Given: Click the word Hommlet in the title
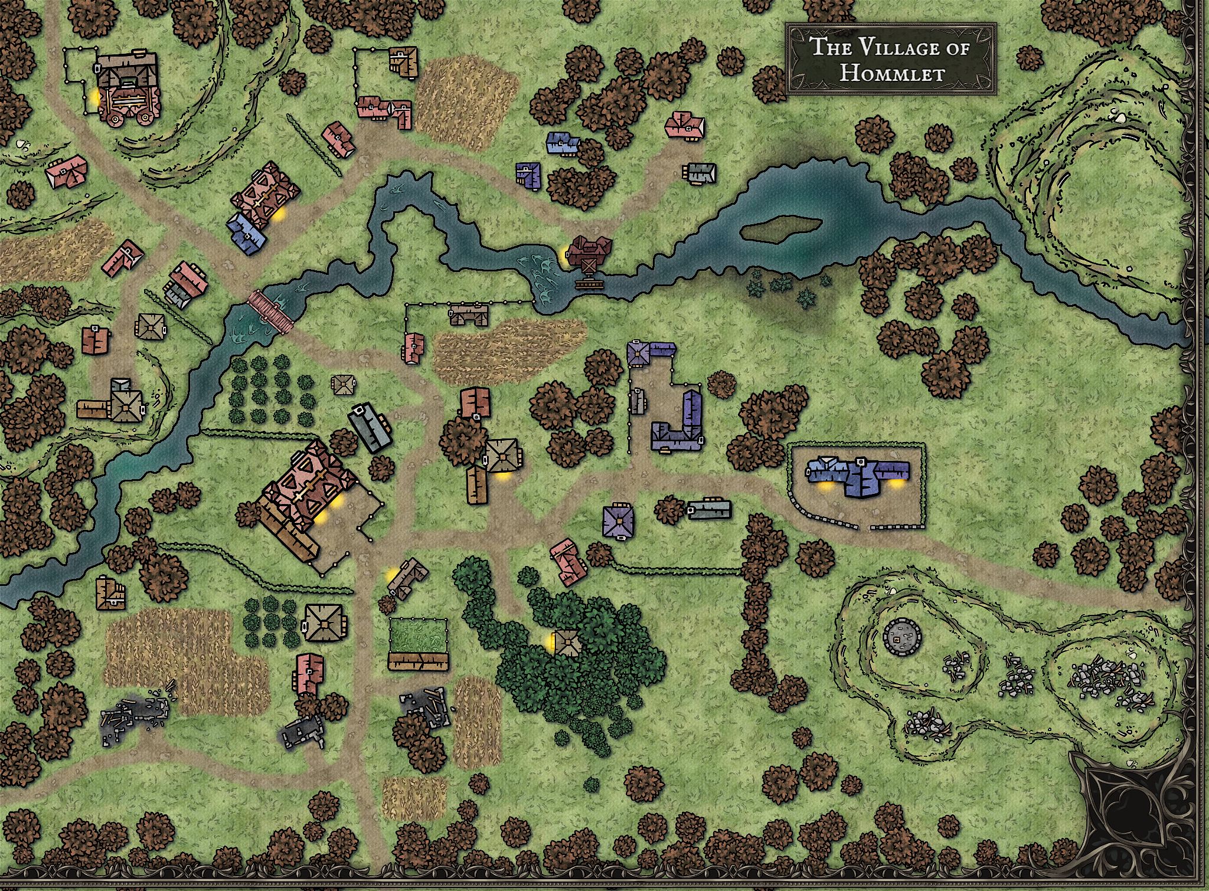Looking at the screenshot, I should [891, 74].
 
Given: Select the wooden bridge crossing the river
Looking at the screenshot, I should [271, 312].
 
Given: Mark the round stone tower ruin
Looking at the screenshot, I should [902, 638].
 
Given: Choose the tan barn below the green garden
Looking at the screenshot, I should [418, 661].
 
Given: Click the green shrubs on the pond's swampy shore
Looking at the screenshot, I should [779, 289].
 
